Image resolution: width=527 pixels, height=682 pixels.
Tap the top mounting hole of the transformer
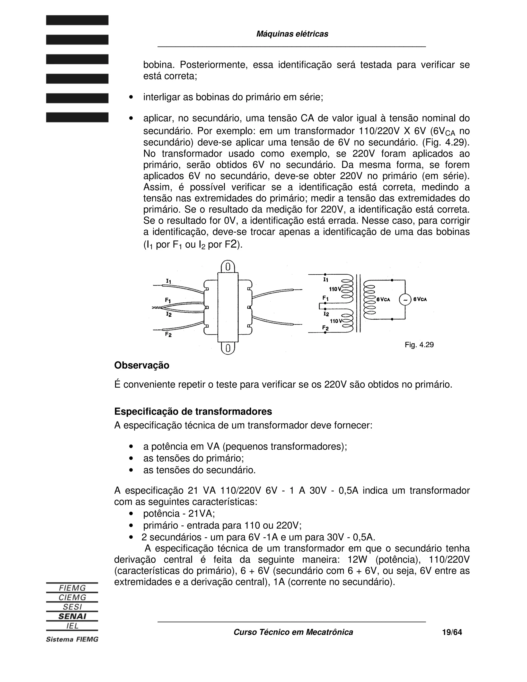[228, 267]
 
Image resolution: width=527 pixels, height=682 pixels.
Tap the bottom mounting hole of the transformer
[228, 348]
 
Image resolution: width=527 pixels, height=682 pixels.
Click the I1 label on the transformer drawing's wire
[169, 281]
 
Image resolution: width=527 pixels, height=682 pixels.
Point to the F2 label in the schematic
[325, 328]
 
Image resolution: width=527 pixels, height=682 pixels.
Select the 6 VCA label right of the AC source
[420, 299]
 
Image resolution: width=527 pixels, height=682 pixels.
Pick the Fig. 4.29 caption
[419, 345]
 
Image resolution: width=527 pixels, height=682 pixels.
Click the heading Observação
[142, 365]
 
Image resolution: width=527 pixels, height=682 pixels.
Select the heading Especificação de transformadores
[193, 412]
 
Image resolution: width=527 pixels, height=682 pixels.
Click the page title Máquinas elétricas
[292, 34]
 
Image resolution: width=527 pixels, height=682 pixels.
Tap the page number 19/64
[452, 632]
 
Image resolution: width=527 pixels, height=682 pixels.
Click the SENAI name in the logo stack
[72, 616]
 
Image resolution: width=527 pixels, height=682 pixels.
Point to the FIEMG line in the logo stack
[72, 588]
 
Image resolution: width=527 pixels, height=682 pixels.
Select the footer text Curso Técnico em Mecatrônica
[293, 632]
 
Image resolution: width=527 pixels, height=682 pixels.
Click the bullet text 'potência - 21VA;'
[179, 514]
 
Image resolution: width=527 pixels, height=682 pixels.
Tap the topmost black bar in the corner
[77, 20]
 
